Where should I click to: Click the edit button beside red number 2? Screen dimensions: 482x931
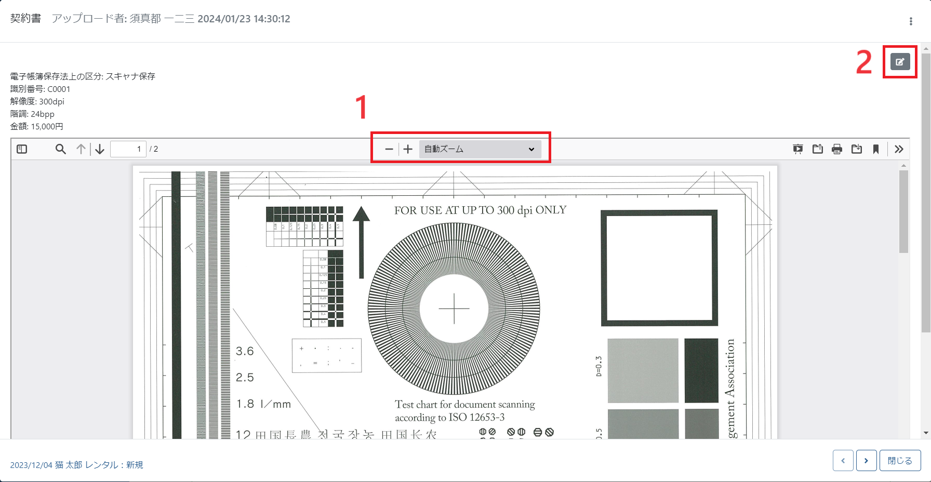(900, 62)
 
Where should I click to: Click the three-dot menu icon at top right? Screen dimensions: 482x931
(910, 21)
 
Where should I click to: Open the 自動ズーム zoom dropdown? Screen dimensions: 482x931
(480, 149)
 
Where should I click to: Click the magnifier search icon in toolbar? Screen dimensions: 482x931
(61, 149)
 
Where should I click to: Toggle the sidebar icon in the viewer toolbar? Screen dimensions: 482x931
(22, 149)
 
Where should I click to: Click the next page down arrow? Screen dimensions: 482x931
(100, 149)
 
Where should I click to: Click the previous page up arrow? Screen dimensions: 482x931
(81, 149)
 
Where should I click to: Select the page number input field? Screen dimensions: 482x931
(128, 149)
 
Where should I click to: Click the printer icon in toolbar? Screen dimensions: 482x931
(836, 150)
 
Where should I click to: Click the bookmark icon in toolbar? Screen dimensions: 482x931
(876, 150)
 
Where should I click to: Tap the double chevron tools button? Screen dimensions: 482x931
(899, 150)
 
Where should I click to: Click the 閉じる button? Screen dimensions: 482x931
(900, 461)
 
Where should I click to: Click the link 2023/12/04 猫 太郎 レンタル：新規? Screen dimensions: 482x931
(77, 465)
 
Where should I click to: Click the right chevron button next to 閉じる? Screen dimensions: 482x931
(866, 461)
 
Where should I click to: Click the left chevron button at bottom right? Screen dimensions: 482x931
(843, 461)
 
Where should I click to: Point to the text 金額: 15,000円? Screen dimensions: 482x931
(37, 126)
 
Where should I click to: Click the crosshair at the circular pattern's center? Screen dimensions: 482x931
(454, 309)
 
